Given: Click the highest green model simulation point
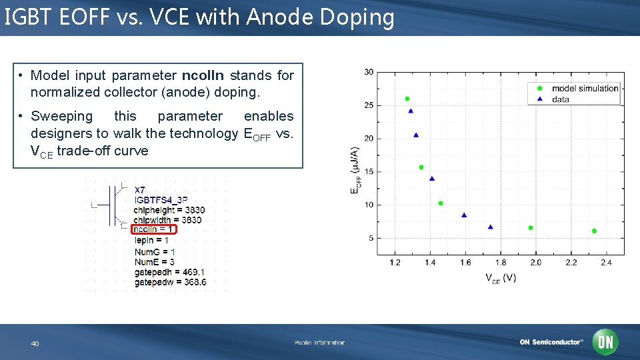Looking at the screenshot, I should click(407, 99).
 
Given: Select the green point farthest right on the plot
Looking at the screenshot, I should click(594, 231).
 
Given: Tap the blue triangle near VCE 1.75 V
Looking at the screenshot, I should click(491, 227).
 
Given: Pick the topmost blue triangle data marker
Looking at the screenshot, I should click(411, 111).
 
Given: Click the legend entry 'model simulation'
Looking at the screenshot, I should click(585, 89).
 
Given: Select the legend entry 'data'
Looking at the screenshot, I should click(560, 99).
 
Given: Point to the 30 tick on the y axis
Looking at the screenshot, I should click(369, 72).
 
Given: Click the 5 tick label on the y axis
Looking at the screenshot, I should click(371, 238).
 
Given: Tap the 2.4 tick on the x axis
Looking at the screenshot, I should click(606, 263).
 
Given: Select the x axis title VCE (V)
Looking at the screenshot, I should click(500, 277).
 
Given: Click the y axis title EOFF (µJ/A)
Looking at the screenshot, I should click(355, 171).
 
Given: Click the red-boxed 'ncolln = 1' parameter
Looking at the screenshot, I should click(154, 229).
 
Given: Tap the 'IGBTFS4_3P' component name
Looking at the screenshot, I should click(161, 200).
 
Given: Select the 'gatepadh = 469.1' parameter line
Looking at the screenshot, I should click(169, 272).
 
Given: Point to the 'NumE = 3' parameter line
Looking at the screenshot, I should click(154, 262).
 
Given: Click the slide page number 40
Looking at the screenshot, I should click(35, 343).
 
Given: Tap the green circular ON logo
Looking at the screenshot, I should click(605, 342).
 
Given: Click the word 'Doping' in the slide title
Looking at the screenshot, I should click(357, 18).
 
